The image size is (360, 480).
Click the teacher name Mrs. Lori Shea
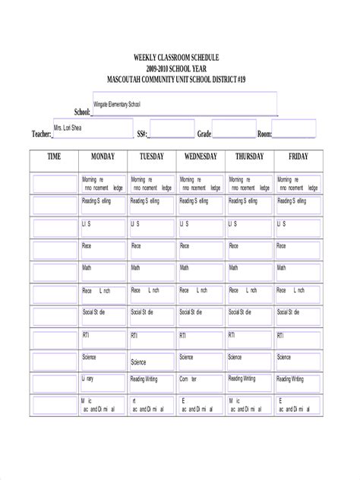click(x=67, y=128)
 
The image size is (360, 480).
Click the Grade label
click(x=204, y=134)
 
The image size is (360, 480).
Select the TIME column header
click(x=54, y=156)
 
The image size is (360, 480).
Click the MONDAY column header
click(x=103, y=156)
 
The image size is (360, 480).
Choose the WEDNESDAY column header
click(x=201, y=156)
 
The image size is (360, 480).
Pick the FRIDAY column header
click(x=298, y=156)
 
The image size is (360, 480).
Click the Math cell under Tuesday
click(x=135, y=268)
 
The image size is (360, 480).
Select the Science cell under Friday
click(x=284, y=357)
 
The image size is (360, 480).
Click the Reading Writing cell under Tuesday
click(x=143, y=379)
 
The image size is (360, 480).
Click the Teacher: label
click(x=41, y=134)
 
